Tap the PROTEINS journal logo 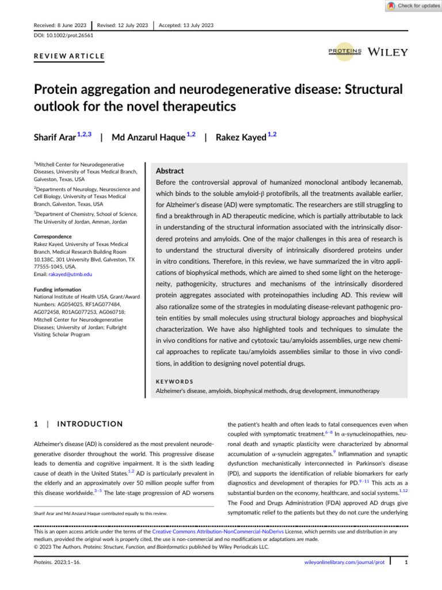pos(345,51)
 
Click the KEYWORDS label pos(175,381)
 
